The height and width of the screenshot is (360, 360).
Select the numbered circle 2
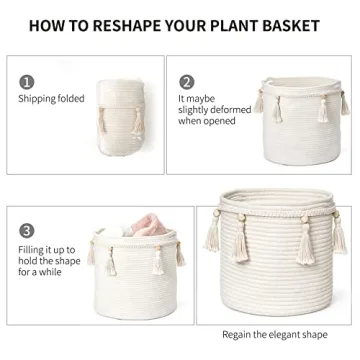click(186, 82)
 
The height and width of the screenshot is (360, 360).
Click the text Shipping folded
click(51, 98)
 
